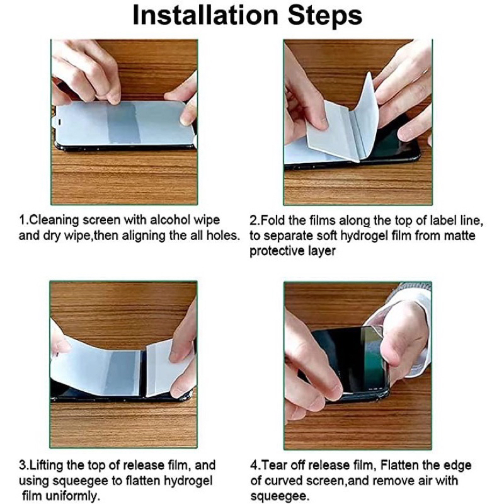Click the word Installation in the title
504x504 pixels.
pos(205,15)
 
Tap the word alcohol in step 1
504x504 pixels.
pos(170,220)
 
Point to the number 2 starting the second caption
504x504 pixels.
pos(253,220)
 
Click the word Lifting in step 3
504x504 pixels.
pos(46,466)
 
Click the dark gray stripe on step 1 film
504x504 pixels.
pos(123,123)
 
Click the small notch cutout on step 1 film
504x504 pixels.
pos(59,122)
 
